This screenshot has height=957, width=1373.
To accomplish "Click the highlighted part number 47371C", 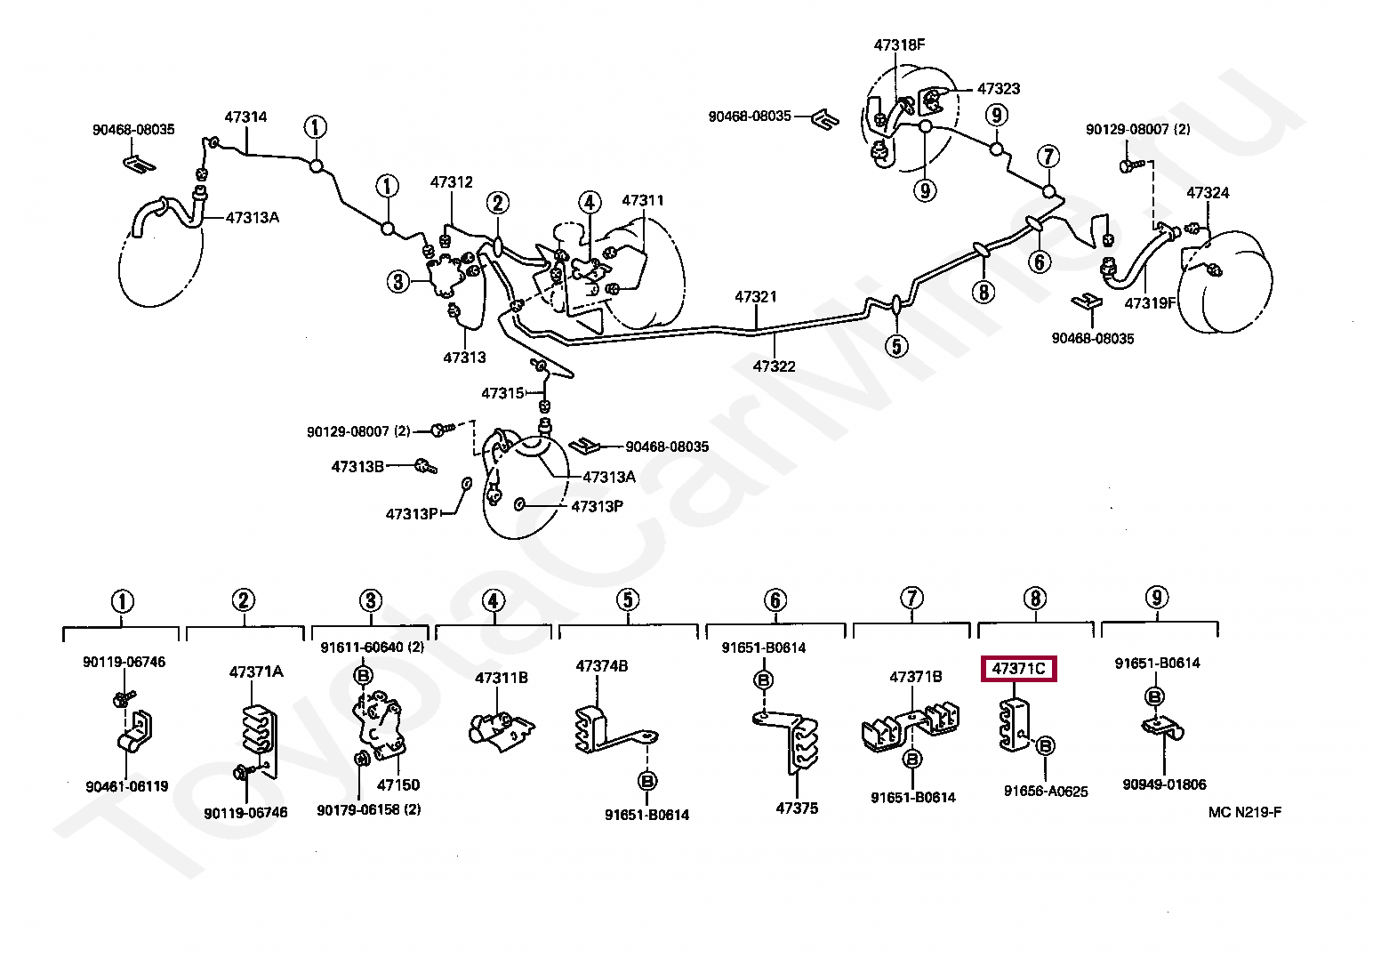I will [1018, 668].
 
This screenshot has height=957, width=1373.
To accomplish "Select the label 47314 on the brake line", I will [245, 117].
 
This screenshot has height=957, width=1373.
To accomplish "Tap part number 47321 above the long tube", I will [756, 296].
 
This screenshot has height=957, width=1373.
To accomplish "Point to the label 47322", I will [774, 366].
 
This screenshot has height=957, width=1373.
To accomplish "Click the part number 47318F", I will [899, 44].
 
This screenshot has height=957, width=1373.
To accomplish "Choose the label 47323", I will [999, 88].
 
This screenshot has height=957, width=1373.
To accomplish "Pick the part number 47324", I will [1208, 192].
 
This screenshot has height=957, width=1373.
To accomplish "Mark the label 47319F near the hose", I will [1150, 302].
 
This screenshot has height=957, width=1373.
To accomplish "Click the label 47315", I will [503, 392].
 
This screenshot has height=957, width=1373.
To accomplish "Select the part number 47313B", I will [357, 466].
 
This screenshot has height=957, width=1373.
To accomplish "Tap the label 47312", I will [452, 181].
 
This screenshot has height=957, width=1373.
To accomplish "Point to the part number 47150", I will [398, 784].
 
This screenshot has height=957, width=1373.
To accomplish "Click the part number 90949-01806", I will [1164, 784].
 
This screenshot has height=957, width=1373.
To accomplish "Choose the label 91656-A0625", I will [1046, 791].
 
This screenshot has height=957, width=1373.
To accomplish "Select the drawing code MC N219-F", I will [1245, 811].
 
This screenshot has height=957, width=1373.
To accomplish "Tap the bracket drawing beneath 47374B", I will [609, 729].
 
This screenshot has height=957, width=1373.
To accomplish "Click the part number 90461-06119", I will [126, 786].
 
